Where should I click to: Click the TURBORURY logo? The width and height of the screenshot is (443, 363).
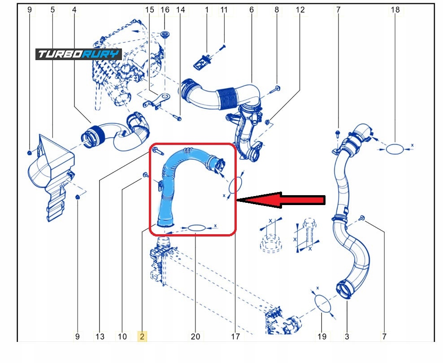point(79,54)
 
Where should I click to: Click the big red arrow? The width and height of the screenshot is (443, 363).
point(280,200)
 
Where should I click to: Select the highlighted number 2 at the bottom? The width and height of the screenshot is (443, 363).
point(142,336)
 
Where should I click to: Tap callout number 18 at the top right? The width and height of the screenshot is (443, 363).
point(395,9)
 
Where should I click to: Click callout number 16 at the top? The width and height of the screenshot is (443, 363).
point(165,9)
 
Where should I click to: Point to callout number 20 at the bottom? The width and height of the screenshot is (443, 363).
point(195,336)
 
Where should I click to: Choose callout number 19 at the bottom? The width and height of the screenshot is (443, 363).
point(322,336)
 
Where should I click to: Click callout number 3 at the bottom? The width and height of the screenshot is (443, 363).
point(347,336)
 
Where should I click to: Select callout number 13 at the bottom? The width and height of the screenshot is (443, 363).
point(100,336)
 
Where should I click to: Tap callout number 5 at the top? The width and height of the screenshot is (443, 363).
point(53,9)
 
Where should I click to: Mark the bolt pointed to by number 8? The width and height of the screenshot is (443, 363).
point(276,89)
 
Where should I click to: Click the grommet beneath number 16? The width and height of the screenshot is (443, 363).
point(165,35)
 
